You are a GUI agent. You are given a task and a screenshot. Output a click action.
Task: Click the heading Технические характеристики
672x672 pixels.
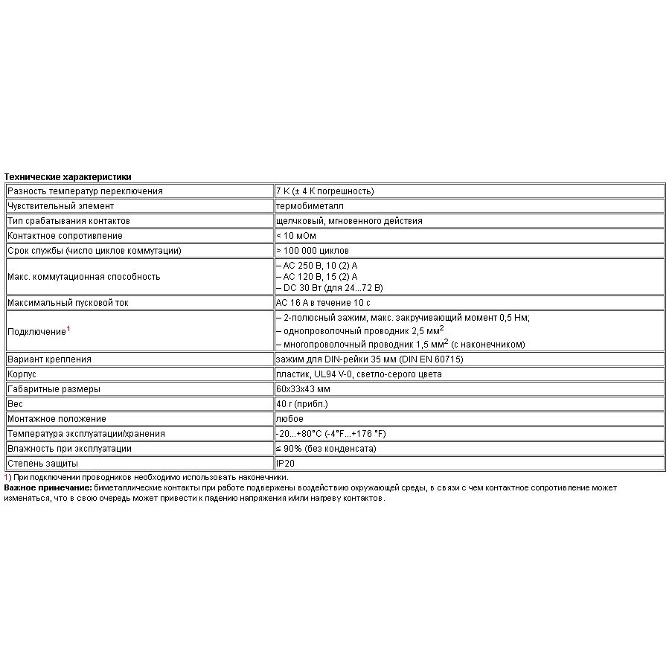coord(68,177)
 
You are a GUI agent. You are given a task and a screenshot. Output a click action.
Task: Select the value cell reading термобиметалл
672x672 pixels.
coord(310,206)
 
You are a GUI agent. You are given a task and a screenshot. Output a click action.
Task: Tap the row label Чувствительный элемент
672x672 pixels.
coord(60,206)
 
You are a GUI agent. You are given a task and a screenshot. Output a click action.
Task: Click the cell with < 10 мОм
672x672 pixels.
coord(295,236)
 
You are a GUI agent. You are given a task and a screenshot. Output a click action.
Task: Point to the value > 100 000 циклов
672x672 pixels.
coord(312,251)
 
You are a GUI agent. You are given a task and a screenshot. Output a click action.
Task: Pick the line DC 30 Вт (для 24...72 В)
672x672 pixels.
coord(329,287)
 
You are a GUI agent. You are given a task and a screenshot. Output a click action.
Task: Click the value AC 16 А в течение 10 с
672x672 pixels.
coord(323,303)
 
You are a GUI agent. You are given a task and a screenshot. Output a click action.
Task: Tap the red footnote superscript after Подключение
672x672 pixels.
coord(68,327)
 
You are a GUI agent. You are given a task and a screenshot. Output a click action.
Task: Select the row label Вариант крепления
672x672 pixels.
coord(49,359)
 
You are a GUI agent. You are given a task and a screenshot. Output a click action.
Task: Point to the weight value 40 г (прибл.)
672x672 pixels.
coord(301,404)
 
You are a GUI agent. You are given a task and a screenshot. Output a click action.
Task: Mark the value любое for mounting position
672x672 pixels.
coord(289,419)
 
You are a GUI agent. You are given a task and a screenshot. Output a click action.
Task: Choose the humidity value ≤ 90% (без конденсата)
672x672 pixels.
coord(326,449)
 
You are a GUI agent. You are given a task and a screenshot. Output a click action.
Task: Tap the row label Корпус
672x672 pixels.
coord(22,374)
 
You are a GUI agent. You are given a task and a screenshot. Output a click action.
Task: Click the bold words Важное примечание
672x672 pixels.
coord(48,487)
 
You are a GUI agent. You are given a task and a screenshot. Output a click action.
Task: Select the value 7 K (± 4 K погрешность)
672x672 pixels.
coord(324,191)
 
